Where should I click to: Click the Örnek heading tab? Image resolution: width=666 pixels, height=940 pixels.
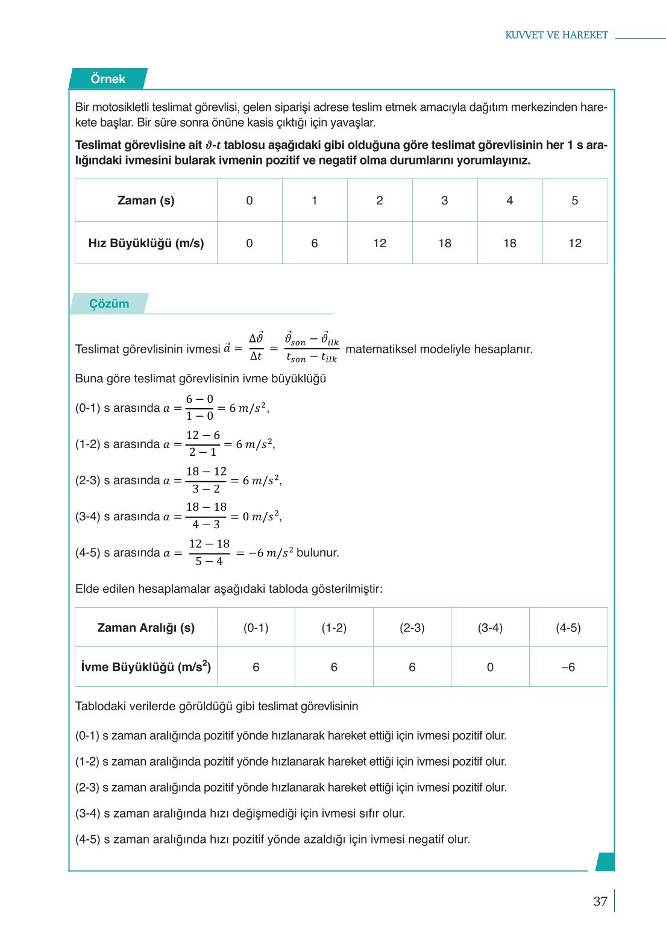[x=108, y=79]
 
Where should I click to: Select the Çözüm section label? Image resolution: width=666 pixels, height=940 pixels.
[x=109, y=304]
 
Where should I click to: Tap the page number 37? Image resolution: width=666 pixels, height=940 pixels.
[x=600, y=901]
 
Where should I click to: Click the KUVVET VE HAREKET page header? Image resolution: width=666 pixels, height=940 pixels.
[x=556, y=35]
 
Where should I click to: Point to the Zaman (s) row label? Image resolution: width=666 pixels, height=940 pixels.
[x=146, y=201]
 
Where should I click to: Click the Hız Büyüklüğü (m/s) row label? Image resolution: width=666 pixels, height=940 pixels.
[x=146, y=244]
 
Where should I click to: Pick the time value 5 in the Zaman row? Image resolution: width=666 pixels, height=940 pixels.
[x=574, y=201]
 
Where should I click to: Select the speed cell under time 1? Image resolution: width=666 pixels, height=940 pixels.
[x=315, y=244]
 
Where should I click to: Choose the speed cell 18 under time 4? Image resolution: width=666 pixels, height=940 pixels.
[x=510, y=244]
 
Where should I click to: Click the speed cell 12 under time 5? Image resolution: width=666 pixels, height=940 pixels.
[x=575, y=244]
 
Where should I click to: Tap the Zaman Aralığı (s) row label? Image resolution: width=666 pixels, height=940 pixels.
[x=146, y=628]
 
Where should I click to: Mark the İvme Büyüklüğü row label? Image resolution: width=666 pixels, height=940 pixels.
[x=146, y=667]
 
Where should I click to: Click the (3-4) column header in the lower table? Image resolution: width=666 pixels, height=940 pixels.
[x=490, y=628]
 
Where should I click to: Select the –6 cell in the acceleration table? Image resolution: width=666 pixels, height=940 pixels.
[x=568, y=667]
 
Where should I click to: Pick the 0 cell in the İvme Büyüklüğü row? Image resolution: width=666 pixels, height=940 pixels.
[x=490, y=667]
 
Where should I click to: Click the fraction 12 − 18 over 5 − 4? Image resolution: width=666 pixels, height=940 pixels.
[x=209, y=552]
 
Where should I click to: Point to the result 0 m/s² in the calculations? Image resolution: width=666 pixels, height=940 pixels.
[x=261, y=517]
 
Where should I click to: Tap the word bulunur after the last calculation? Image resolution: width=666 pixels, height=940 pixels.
[x=318, y=553]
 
